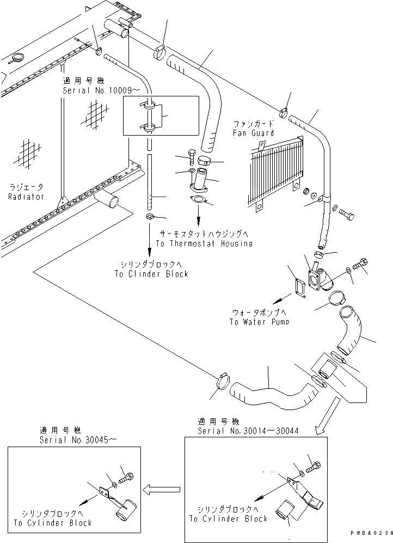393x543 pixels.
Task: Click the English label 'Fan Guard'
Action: click(x=253, y=132)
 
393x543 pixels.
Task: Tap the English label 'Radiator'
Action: click(x=26, y=196)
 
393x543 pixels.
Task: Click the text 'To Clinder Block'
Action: click(x=151, y=273)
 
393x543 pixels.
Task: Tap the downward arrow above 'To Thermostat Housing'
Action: click(x=198, y=221)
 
